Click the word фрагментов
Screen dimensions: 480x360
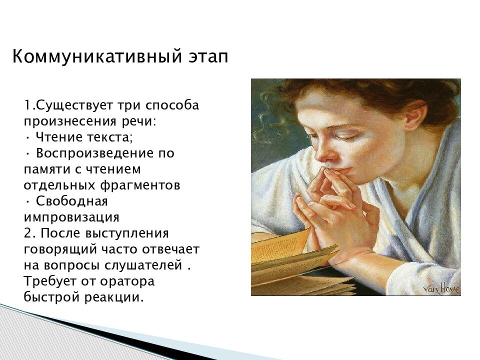click(x=140, y=185)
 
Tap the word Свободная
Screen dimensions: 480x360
click(x=72, y=201)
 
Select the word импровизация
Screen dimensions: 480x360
click(x=71, y=217)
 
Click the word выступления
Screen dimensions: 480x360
click(x=126, y=233)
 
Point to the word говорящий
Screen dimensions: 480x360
click(x=60, y=249)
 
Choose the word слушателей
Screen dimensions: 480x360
click(x=143, y=265)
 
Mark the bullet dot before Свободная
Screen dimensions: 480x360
click(x=27, y=201)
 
